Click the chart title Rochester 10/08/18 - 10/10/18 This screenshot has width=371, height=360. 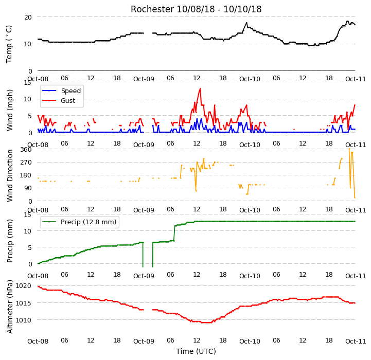pos(196,9)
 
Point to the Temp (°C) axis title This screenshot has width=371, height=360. pos(9,44)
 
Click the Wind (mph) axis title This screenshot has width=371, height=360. pos(10,110)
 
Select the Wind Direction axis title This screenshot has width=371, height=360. pos(10,175)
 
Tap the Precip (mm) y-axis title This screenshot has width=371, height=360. pos(10,241)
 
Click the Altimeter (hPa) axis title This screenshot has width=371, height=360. pos(10,307)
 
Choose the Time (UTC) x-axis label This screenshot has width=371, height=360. pos(196,351)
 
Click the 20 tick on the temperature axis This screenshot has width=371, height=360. pos(28,17)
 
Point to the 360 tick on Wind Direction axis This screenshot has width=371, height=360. pos(26,150)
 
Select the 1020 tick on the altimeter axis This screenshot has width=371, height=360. pos(24,286)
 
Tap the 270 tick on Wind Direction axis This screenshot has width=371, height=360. pos(26,163)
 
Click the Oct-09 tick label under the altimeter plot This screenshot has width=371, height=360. pos(144,341)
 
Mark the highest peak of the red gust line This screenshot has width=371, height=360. pos(200,88)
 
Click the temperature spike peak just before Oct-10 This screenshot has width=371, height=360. pos(246,23)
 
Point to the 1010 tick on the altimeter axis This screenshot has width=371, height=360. pos(24,320)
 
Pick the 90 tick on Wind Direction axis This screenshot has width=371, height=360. pos(28,188)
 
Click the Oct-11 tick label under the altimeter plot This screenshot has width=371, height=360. pos(356,341)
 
